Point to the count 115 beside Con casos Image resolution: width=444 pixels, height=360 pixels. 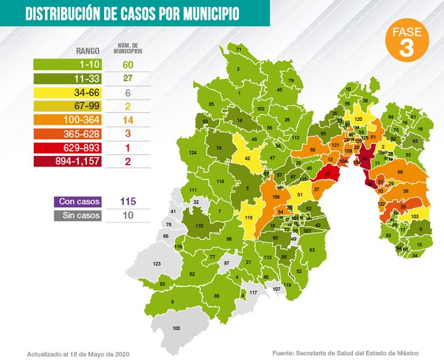click(127, 202)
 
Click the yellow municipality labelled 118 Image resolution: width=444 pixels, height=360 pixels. click(249, 219)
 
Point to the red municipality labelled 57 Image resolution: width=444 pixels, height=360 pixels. click(328, 175)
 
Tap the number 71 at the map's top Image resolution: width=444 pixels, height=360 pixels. click(238, 49)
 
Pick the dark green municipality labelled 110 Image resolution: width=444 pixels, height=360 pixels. click(199, 226)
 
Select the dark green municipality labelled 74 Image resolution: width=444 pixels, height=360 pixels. click(219, 148)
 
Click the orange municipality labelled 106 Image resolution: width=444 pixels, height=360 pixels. click(276, 197)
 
